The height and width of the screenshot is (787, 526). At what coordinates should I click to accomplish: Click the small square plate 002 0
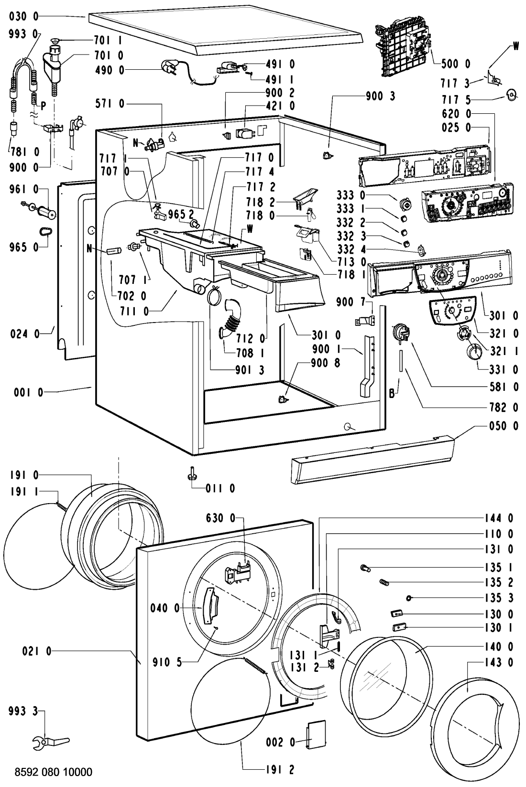pos(314,729)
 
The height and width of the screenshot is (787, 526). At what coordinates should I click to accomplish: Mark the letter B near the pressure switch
pos(392,395)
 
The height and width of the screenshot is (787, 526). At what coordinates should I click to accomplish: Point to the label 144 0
pos(504,517)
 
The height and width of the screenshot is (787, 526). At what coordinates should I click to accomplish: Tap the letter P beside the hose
pos(43,107)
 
